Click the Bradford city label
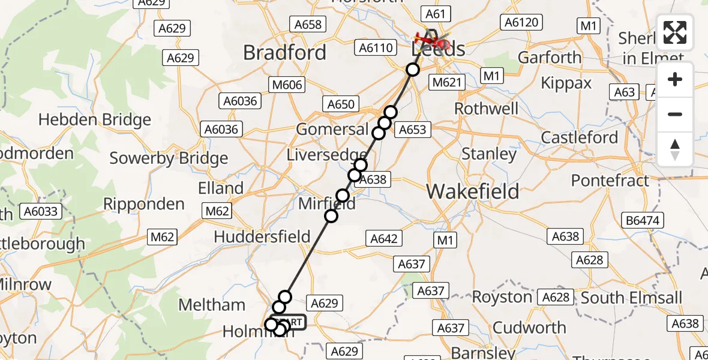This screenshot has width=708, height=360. (284, 53)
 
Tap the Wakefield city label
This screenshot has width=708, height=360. (473, 191)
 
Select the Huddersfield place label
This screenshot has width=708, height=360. (262, 236)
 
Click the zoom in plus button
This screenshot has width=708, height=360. (675, 80)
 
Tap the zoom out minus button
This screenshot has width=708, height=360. (675, 114)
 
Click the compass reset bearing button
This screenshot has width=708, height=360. (675, 149)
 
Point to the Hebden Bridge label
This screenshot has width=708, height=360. (95, 120)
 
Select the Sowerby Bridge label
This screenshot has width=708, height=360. (169, 158)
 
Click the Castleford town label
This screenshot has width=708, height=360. (579, 137)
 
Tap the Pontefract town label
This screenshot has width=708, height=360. (610, 180)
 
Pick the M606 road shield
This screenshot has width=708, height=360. (287, 85)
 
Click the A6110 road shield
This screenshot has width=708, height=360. (375, 48)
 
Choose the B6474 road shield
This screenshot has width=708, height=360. (642, 220)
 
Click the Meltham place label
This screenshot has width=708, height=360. (212, 305)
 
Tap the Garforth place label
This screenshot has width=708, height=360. (550, 58)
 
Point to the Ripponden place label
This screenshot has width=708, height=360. (144, 204)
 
